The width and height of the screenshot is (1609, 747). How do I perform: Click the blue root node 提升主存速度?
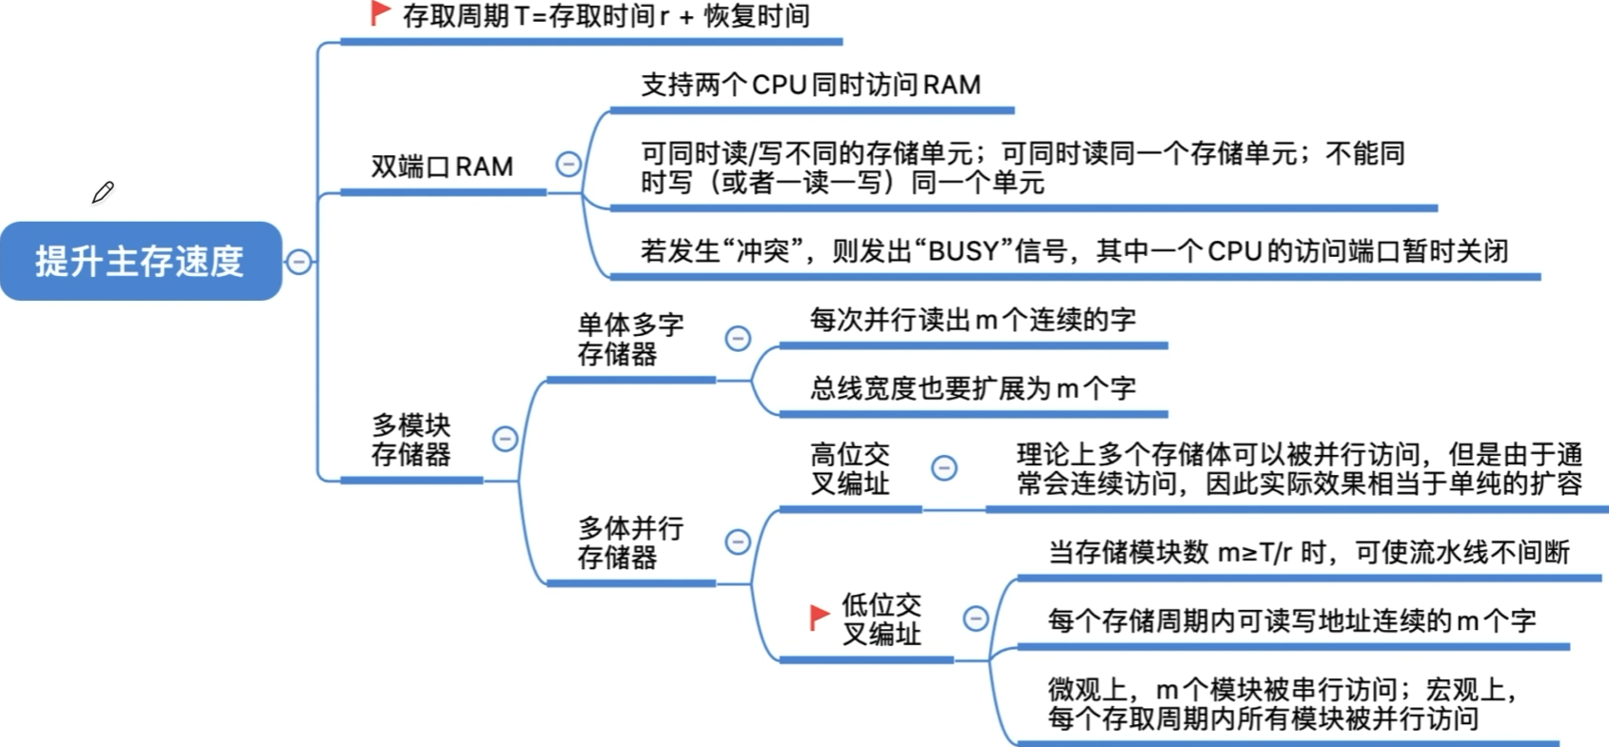coord(140,261)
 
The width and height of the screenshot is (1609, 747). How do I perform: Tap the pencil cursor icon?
coord(103,192)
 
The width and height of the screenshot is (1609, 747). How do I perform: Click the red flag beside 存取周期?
coord(380,13)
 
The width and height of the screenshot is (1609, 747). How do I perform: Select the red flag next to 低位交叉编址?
coord(819,617)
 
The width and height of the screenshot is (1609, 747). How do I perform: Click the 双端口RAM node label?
coord(442,167)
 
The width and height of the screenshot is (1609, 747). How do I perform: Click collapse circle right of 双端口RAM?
coord(568,165)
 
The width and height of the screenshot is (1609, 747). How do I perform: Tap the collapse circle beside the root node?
coord(299,261)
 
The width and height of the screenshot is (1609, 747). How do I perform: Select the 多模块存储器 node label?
coord(410,439)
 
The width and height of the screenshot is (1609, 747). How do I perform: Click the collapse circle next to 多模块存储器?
coord(505,439)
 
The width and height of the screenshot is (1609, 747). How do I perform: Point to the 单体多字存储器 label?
coord(629,339)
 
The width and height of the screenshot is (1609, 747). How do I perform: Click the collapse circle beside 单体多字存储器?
coord(738,338)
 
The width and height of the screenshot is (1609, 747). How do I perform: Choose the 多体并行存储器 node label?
coord(629,541)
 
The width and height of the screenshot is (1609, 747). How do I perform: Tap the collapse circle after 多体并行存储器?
coord(738,541)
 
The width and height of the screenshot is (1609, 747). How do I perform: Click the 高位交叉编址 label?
coord(849,468)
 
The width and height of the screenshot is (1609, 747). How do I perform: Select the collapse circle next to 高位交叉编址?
coord(944,467)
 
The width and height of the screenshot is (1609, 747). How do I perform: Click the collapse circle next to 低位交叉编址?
coord(976,619)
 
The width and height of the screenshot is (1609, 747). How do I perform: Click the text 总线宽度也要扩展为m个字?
coord(972,388)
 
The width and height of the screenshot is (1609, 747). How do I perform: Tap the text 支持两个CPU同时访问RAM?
coord(810,85)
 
